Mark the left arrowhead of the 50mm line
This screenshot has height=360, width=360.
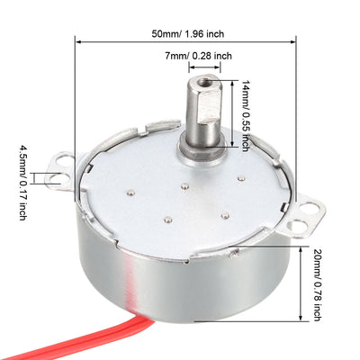78,40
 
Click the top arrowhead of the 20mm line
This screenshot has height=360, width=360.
300,247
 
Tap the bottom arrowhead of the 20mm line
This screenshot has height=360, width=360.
300,321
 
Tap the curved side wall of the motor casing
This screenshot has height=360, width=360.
180,288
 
